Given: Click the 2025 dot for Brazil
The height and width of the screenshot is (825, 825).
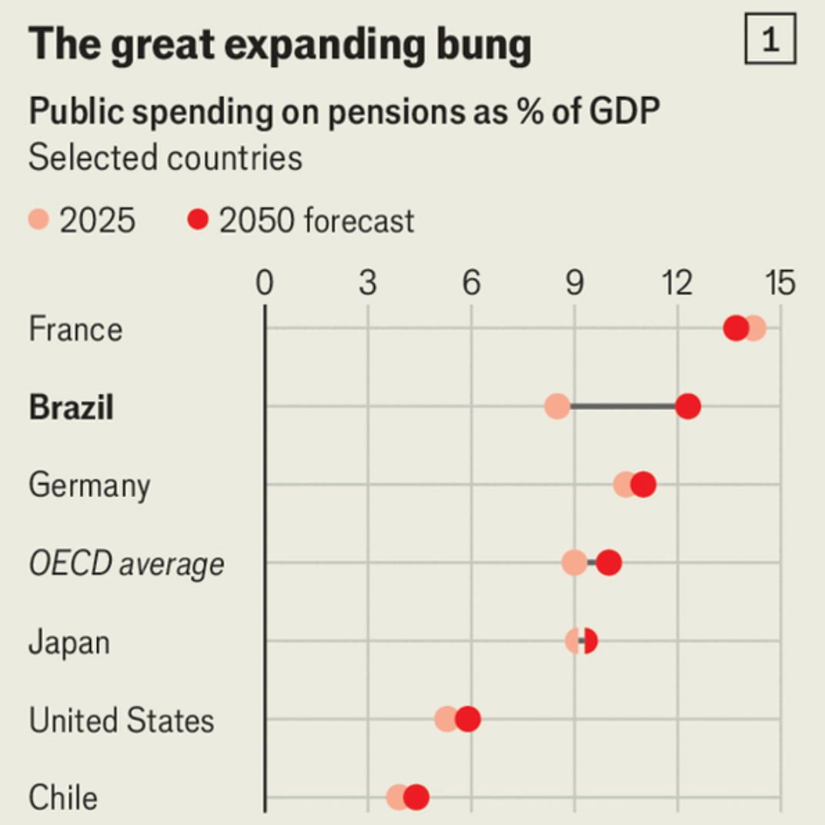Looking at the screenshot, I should click(556, 406).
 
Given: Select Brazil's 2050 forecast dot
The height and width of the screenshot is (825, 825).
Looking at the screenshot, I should click(687, 406).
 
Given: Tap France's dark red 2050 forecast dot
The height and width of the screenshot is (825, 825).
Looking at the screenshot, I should click(736, 329).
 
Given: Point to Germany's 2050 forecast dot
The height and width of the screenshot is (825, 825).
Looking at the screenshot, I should click(643, 485).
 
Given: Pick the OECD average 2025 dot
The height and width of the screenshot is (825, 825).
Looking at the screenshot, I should click(573, 563).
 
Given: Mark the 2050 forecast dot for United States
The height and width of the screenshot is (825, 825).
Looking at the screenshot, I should click(467, 720).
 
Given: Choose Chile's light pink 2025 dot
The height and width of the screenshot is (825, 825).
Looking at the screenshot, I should click(396, 797).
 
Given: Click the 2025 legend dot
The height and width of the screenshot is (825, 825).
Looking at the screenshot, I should click(38, 221).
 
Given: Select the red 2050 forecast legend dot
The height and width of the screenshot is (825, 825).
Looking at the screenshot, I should click(198, 221).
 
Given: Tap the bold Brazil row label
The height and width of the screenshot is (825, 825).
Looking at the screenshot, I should click(71, 407).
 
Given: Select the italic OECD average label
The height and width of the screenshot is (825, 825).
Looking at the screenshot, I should click(126, 564).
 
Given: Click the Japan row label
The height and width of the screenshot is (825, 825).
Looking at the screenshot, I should click(68, 643).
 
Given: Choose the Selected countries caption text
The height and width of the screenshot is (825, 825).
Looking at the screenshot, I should click(165, 158).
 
